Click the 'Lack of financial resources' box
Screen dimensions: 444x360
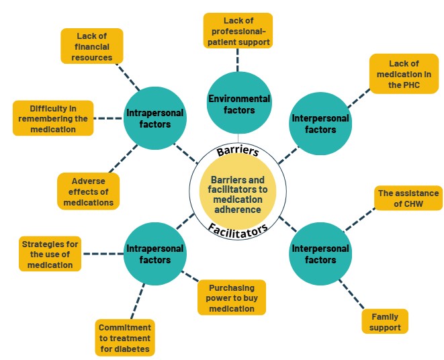pos(92,46)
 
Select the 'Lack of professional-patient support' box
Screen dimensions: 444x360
pos(238,31)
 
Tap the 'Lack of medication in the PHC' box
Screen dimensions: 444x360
pos(404,74)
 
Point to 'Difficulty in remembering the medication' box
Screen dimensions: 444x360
pos(53,118)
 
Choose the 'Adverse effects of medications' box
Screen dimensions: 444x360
pos(89,191)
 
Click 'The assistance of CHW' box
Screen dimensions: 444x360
pos(408,198)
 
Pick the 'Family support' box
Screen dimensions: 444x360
pos(385,322)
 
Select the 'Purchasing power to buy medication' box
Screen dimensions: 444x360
pos(232,298)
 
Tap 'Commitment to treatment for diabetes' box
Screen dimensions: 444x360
pos(125,338)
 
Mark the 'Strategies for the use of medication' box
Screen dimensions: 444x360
pos(50,254)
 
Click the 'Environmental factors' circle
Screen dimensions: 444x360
pos(239,103)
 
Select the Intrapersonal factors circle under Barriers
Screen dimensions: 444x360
pos(155,118)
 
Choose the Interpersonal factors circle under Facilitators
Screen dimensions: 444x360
pos(320,254)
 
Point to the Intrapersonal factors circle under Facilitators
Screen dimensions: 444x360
pos(155,254)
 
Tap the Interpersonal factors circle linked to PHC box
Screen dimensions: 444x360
pos(320,124)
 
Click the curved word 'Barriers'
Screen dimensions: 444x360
pos(238,151)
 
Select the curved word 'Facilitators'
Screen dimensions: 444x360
pos(238,230)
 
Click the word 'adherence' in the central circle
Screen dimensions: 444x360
pos(238,210)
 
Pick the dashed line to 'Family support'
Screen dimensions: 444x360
pos(351,294)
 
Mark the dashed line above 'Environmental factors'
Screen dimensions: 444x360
pos(237,60)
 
